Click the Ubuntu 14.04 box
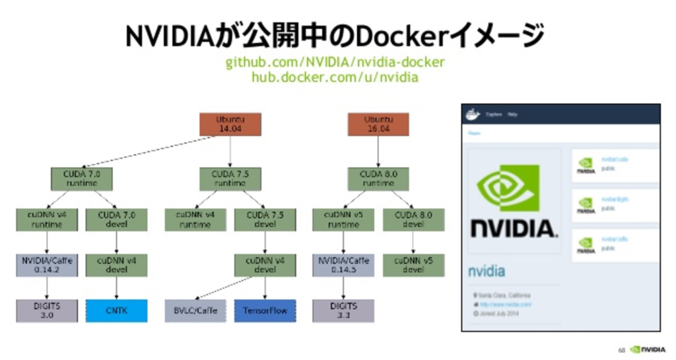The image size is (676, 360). (x=230, y=124)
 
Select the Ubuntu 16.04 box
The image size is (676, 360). (x=378, y=124)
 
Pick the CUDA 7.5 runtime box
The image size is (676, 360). (x=230, y=178)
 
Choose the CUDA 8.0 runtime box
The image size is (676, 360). (x=378, y=178)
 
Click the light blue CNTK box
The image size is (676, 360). (x=117, y=310)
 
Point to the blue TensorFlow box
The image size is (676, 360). (x=265, y=310)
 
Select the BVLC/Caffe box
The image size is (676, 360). (x=196, y=310)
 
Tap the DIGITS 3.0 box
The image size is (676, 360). (x=47, y=310)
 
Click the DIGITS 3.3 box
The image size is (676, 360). (x=343, y=310)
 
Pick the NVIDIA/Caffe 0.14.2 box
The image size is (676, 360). (x=47, y=265)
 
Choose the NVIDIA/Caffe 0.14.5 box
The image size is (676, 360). (x=343, y=265)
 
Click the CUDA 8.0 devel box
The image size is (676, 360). (x=413, y=219)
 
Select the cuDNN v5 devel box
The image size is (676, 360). (x=413, y=265)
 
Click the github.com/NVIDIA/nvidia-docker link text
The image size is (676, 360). (x=335, y=63)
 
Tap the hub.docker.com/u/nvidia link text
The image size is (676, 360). (x=335, y=77)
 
